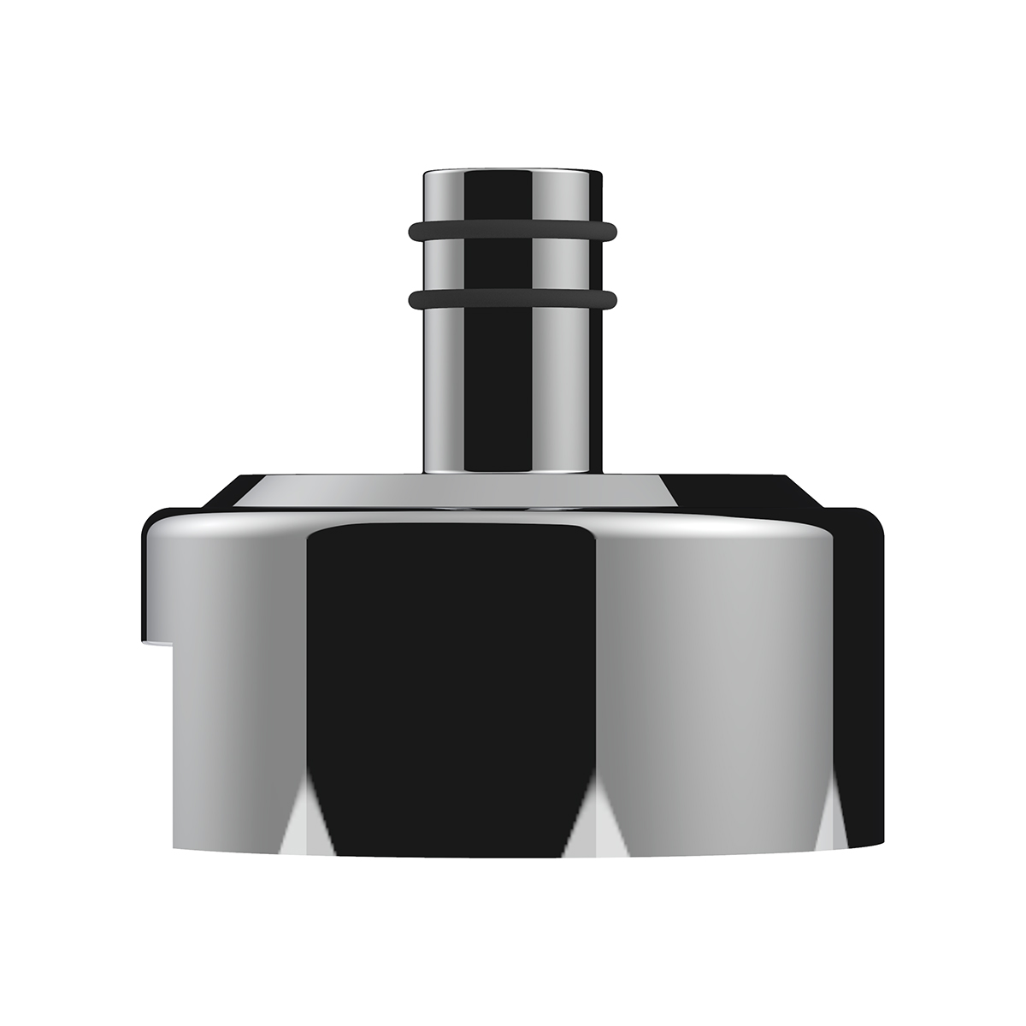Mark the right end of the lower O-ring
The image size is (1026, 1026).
[612, 298]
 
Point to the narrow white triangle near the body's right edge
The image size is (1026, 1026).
[825, 834]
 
